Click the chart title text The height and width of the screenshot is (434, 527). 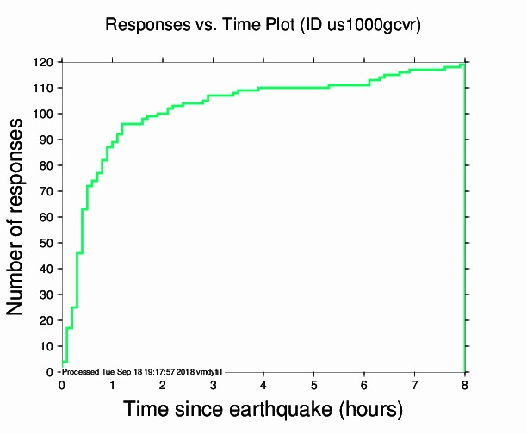263,25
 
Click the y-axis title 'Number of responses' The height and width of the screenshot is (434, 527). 16,217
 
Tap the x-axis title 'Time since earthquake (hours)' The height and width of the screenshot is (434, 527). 263,408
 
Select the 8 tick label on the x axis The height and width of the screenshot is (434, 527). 465,384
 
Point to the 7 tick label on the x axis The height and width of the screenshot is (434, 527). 414,384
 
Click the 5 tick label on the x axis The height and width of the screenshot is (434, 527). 313,384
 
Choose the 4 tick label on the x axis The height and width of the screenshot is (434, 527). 263,384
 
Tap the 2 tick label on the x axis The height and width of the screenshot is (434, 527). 163,384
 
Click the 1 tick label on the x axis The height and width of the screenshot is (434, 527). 112,384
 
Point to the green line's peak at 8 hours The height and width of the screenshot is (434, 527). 464,65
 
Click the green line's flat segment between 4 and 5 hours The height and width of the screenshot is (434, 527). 288,88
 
